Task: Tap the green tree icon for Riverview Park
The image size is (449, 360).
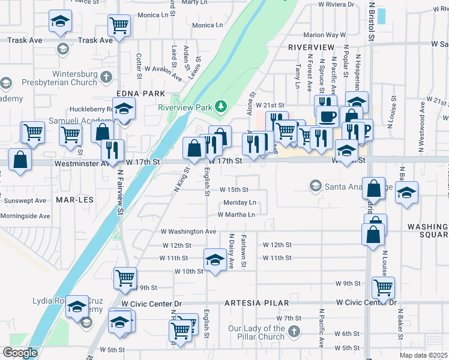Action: click(x=222, y=107)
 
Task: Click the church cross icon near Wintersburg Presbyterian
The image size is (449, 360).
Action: click(x=106, y=77)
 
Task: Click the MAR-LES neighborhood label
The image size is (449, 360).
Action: click(x=75, y=199)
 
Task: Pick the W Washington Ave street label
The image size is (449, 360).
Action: click(x=188, y=231)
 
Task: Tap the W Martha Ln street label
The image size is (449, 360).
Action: click(x=236, y=214)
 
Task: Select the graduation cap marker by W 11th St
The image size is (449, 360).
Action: click(x=214, y=260)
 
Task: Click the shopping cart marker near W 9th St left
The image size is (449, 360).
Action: click(x=125, y=277)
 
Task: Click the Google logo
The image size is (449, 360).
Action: click(x=20, y=352)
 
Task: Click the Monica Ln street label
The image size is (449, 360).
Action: click(x=207, y=26)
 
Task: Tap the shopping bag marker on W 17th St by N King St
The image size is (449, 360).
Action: click(x=194, y=148)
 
